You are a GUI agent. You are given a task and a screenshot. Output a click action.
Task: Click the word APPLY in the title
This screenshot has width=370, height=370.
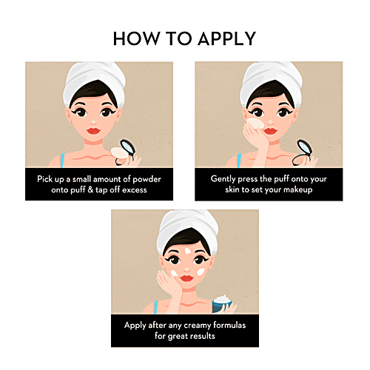[x=226, y=38]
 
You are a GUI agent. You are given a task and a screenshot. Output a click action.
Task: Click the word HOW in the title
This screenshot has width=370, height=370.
[x=136, y=38]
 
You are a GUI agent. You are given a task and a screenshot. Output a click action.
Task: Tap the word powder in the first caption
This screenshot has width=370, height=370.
[x=147, y=180]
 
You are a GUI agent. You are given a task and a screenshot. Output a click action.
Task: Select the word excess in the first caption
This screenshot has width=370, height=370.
[x=135, y=190]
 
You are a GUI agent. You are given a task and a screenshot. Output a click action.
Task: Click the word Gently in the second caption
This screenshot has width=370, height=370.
[x=223, y=179]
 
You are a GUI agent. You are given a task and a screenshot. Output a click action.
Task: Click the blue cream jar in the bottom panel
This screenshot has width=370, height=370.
[x=222, y=304]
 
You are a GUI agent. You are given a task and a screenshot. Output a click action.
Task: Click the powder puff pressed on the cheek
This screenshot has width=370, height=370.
[x=255, y=124]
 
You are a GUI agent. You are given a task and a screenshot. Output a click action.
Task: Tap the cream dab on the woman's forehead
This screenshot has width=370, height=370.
[x=188, y=251]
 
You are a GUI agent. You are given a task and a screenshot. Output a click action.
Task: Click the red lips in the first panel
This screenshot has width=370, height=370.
[x=93, y=130]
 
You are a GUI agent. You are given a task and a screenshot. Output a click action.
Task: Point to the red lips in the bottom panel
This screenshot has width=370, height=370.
[x=186, y=278]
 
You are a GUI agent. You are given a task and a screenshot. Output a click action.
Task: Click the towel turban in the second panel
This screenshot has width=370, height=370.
[x=271, y=81]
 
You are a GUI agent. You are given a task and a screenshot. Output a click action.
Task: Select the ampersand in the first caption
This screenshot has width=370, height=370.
[x=90, y=189]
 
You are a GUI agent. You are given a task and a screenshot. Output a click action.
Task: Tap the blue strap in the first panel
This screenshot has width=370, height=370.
[x=62, y=161]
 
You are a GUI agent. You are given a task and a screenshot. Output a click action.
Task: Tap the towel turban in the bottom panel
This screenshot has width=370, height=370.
[x=187, y=229]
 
